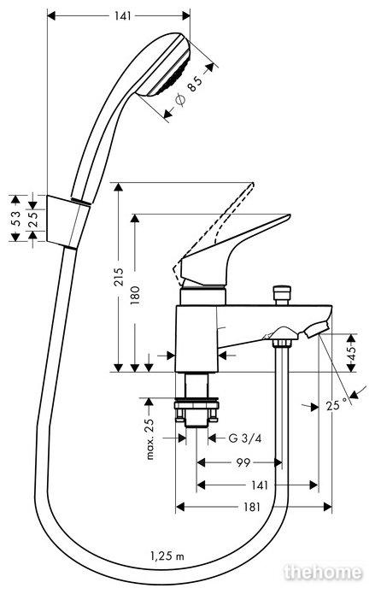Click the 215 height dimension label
coord(119,277)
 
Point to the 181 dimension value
coord(252,507)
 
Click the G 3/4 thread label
coord(245,438)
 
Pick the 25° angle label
coord(337,405)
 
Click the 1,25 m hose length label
coord(167,556)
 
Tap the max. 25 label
coord(150,438)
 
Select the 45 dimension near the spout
coord(352,353)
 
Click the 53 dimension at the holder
coord(15,218)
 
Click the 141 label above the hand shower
coord(122,15)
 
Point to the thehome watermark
coord(323,572)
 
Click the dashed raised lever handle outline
coord(212,235)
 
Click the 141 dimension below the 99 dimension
coord(260,485)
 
